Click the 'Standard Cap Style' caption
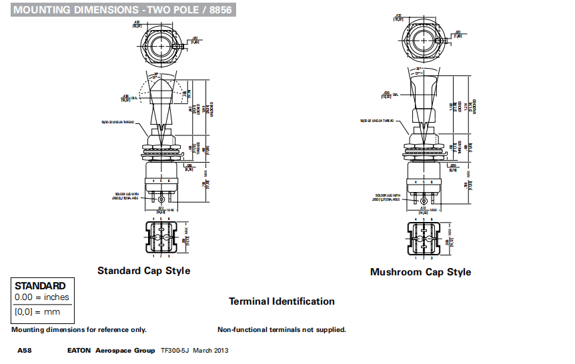pyautogui.click(x=143, y=271)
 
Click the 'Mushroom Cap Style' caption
pyautogui.click(x=420, y=272)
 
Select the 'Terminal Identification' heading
pyautogui.click(x=281, y=301)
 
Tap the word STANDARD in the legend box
pyautogui.click(x=41, y=286)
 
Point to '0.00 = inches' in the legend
pyautogui.click(x=42, y=297)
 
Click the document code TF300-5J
pyautogui.click(x=175, y=351)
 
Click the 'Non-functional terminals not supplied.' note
pyautogui.click(x=281, y=329)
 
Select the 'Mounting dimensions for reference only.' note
pyautogui.click(x=79, y=329)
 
